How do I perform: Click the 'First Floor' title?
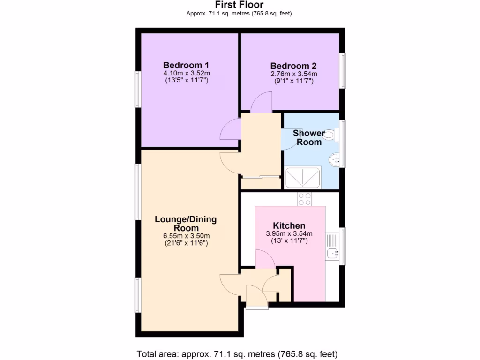point(239,5)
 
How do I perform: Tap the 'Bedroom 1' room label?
point(186,65)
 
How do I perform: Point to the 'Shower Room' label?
point(308,137)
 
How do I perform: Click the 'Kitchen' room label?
point(289,226)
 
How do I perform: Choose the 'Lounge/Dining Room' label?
point(186,224)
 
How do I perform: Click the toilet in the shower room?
point(329,135)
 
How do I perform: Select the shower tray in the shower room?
point(303,177)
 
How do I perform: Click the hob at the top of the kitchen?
point(305,199)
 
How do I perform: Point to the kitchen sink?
point(333,253)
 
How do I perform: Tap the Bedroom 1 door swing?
point(231,129)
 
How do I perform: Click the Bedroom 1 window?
point(138,89)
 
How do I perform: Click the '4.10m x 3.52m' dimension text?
point(186,74)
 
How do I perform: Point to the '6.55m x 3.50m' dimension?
point(186,236)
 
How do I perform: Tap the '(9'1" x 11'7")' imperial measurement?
point(293,81)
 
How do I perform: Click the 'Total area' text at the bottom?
point(237,353)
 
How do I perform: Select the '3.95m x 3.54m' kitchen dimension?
point(289,234)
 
